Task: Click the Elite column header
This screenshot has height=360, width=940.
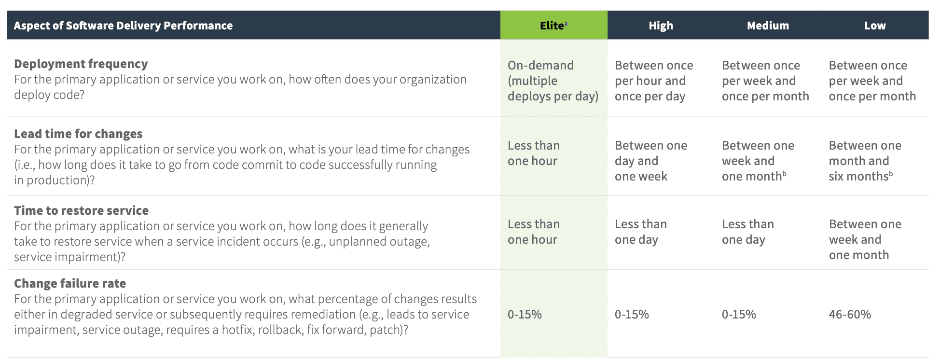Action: tap(553, 26)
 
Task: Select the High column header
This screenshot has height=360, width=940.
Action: tap(661, 26)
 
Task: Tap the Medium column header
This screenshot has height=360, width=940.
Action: tap(768, 26)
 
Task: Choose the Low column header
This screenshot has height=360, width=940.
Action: tap(875, 26)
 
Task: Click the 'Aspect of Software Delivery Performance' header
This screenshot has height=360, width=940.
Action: tap(123, 26)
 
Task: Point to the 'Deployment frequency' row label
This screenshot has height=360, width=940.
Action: tap(81, 64)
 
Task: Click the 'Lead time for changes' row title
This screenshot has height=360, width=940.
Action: tap(78, 134)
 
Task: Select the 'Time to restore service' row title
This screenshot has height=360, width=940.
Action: tap(81, 210)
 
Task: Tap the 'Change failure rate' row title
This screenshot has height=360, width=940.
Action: tap(70, 283)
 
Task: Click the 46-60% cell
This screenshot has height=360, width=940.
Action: tap(850, 315)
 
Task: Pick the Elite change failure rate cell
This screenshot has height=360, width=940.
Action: tap(525, 315)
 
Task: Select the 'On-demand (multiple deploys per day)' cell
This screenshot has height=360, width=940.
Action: tap(553, 81)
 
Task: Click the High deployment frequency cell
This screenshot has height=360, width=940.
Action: tap(654, 81)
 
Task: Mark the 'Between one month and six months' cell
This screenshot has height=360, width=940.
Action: tap(865, 161)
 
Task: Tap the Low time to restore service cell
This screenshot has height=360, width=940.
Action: tap(865, 239)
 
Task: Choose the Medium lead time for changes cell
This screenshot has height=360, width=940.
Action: tap(758, 161)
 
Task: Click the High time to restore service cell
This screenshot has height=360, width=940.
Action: tap(641, 232)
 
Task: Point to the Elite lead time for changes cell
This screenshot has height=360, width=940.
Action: tap(534, 153)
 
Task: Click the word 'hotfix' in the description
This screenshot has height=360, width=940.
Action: tap(237, 330)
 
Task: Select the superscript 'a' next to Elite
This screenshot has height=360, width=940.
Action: tap(566, 23)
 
